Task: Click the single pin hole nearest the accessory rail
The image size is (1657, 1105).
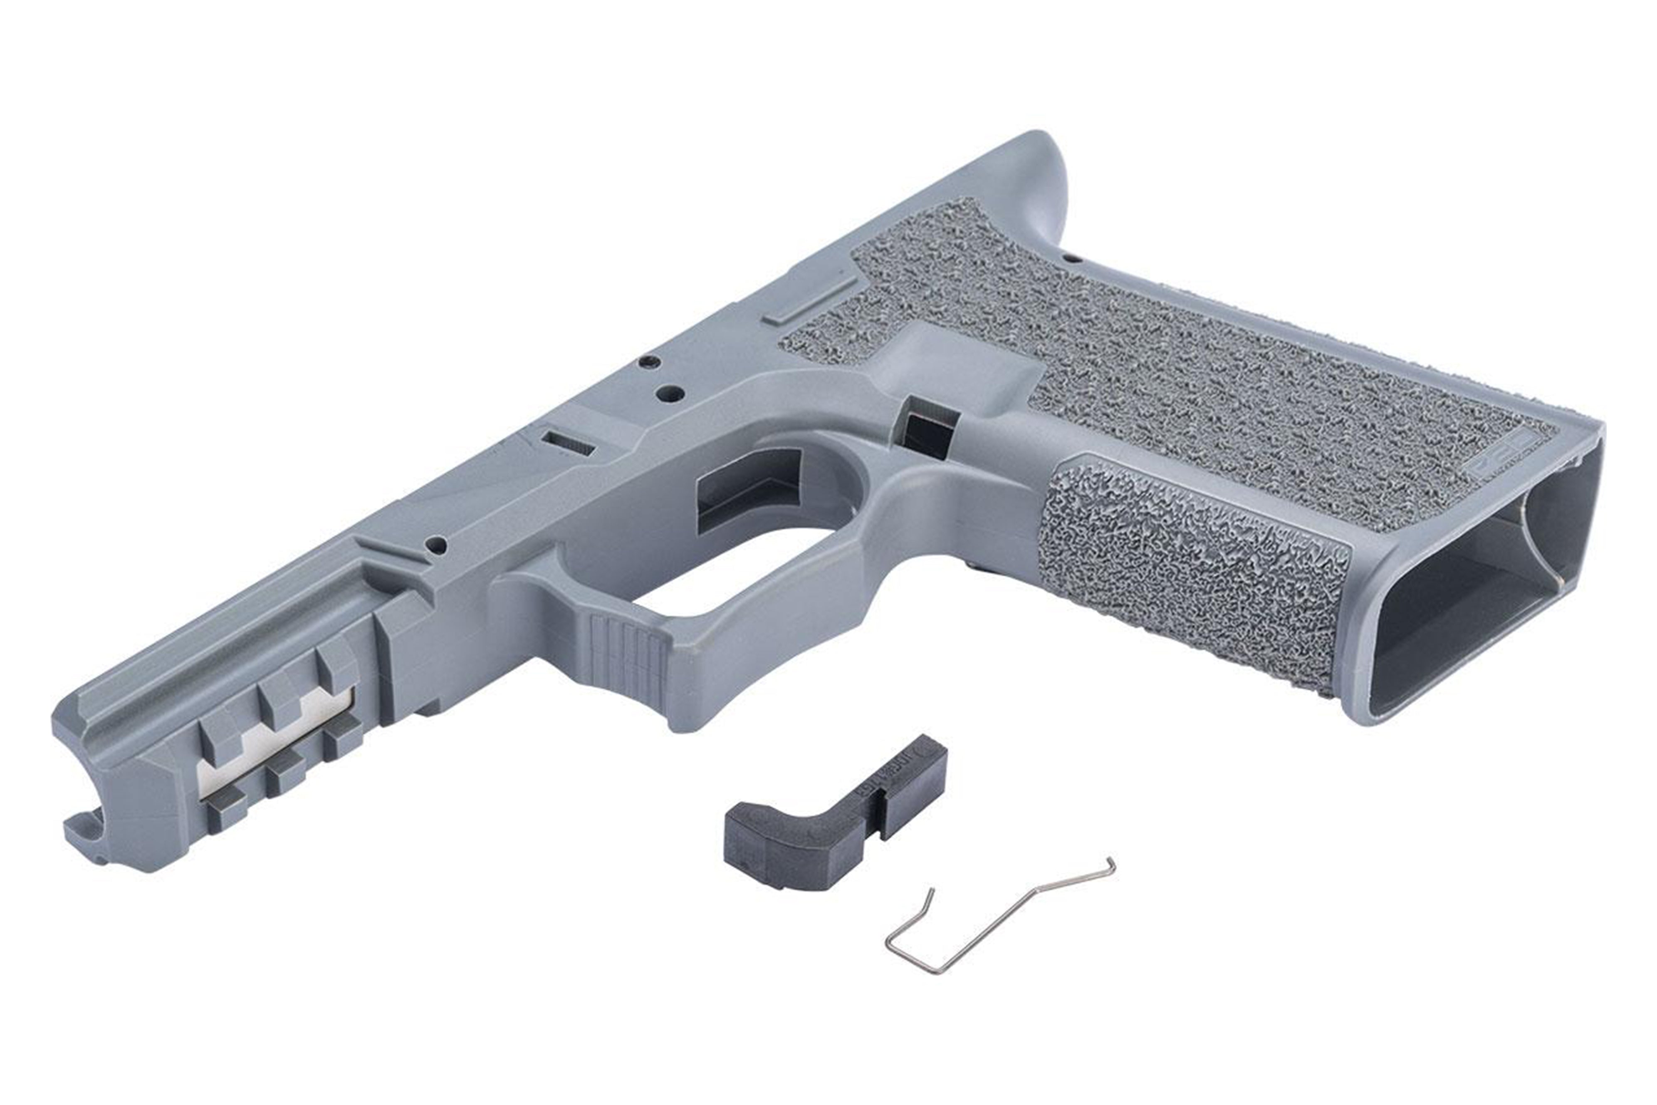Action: click(437, 545)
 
